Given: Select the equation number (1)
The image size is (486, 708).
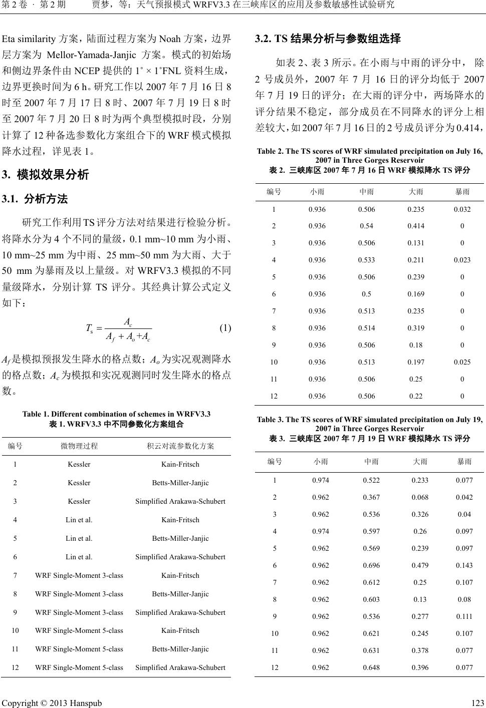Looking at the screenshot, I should [224, 328].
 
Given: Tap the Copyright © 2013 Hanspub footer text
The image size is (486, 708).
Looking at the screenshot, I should [52, 702].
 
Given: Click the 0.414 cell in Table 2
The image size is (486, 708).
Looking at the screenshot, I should [416, 226].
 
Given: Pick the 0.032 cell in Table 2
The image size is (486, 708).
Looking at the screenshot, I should [462, 209].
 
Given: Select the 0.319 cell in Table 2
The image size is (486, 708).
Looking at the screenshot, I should [416, 328].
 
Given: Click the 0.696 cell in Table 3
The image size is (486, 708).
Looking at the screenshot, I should [371, 565].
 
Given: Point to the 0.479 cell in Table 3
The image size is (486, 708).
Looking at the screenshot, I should [420, 565].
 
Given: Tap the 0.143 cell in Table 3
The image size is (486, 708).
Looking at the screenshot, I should [464, 565].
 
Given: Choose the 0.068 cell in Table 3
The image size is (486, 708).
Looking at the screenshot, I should [420, 497].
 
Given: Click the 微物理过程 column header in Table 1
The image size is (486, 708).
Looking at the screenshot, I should [79, 446].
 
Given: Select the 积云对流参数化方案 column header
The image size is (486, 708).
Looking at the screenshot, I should [180, 446].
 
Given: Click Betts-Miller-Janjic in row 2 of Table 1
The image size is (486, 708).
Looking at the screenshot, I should [180, 483].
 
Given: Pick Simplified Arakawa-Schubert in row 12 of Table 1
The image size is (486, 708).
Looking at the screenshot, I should [180, 667].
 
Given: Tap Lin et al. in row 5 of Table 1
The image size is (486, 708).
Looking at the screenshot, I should [79, 538].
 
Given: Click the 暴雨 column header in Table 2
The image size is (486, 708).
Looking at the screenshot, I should [462, 191].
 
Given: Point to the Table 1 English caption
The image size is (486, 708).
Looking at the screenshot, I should [117, 414].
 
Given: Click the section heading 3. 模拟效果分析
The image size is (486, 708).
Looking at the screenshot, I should [46, 175].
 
